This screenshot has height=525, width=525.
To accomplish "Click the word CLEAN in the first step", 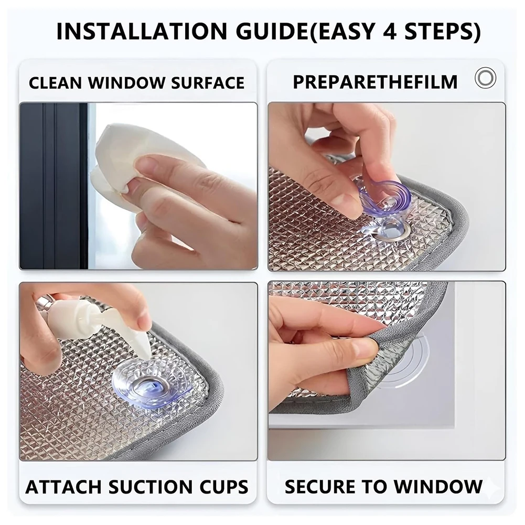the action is point(56,83).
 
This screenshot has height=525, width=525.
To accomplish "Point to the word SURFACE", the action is point(208,83).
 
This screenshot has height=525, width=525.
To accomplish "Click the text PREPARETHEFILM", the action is point(375,82).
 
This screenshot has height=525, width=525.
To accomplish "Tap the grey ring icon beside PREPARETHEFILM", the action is point(485,78).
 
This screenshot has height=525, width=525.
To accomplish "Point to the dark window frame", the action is point(53,186).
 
